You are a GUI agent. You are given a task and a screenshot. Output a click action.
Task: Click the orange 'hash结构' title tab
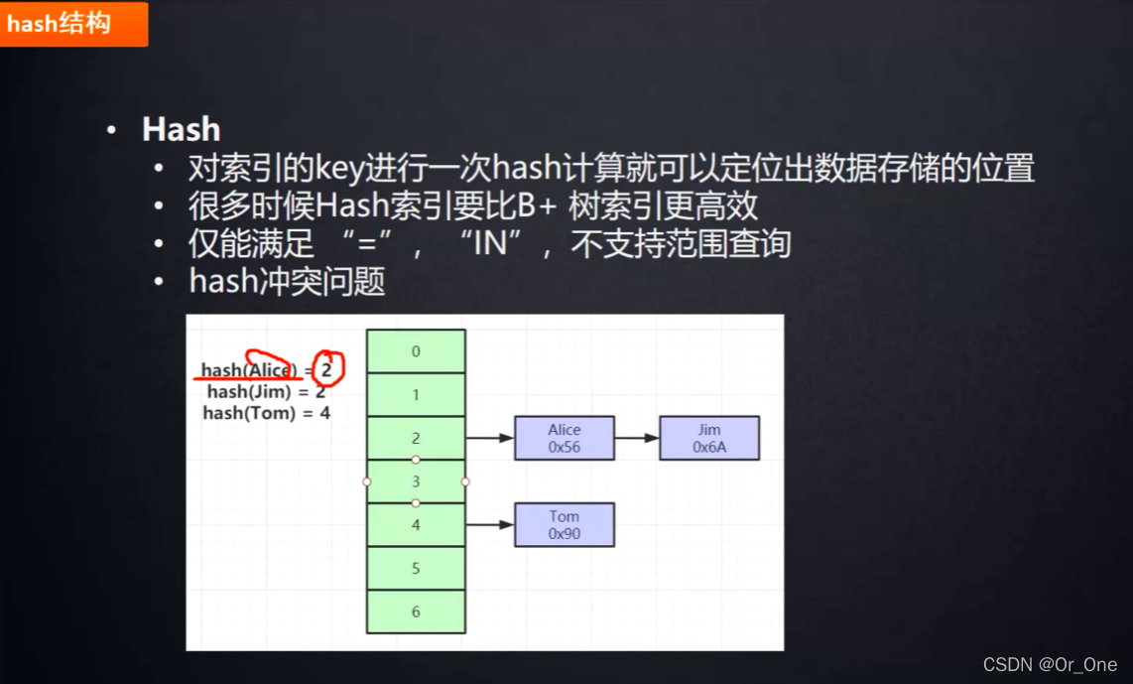pyautogui.click(x=73, y=24)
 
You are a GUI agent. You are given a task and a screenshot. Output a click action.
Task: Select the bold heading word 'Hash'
pyautogui.click(x=181, y=129)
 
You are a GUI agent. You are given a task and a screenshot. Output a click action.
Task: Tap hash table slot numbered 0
pyautogui.click(x=416, y=351)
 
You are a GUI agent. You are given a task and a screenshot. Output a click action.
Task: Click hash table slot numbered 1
pyautogui.click(x=416, y=395)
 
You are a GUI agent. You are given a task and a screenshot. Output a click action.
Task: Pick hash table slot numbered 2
pyautogui.click(x=416, y=438)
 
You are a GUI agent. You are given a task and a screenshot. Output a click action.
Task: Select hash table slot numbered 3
pyautogui.click(x=416, y=481)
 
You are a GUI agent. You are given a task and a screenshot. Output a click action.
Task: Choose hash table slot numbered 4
pyautogui.click(x=416, y=524)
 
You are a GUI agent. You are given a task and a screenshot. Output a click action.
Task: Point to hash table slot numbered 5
pyautogui.click(x=416, y=568)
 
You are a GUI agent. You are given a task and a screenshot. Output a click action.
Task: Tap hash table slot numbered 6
pyautogui.click(x=416, y=612)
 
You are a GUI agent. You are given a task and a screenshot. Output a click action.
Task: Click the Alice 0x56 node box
pyautogui.click(x=565, y=439)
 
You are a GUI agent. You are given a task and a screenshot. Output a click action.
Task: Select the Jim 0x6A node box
pyautogui.click(x=709, y=439)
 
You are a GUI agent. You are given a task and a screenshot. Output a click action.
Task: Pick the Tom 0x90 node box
pyautogui.click(x=565, y=525)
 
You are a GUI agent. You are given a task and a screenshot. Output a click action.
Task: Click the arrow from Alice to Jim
pyautogui.click(x=637, y=438)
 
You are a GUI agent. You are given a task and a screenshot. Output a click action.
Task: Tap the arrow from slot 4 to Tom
pyautogui.click(x=490, y=524)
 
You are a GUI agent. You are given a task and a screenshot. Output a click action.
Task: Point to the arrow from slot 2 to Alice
pyautogui.click(x=490, y=438)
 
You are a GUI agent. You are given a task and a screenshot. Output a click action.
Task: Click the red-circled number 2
pyautogui.click(x=326, y=369)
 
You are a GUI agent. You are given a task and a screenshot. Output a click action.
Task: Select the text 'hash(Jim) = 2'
pyautogui.click(x=266, y=392)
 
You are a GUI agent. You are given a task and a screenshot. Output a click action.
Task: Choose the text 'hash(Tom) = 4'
pyautogui.click(x=266, y=413)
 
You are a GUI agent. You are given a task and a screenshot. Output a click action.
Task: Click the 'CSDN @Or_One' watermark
pyautogui.click(x=1050, y=664)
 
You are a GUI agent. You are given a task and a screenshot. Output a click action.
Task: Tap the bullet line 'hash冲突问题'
pyautogui.click(x=287, y=282)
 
